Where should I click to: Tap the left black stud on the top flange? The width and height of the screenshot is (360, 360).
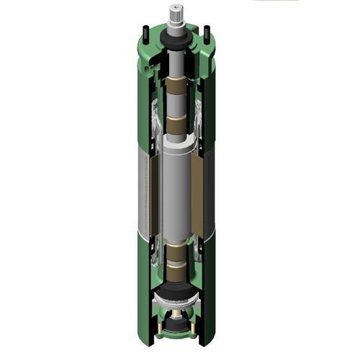coord(145,32)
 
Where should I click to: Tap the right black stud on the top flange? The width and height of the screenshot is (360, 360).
coord(207,32)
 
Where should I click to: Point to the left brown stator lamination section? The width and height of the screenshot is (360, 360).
coord(149,194)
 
